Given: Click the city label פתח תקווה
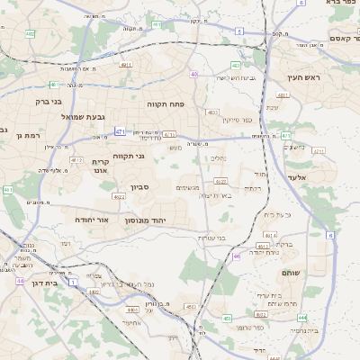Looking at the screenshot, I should [x=170, y=104].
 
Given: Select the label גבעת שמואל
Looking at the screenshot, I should [x=59, y=117].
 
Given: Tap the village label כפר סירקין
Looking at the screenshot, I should [x=249, y=119].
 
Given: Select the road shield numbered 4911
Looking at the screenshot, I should [x=126, y=65].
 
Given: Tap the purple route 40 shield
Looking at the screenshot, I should [x=194, y=74].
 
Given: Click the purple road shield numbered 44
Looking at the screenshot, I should [x=20, y=281].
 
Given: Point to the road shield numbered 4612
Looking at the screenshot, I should [x=76, y=159].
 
